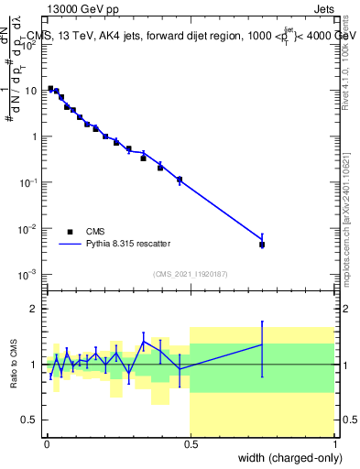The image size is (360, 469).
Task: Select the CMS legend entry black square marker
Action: pyautogui.click(x=70, y=232)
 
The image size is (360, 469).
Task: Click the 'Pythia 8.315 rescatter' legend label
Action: pyautogui.click(x=128, y=244)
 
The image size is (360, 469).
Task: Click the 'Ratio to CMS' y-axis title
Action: pyautogui.click(x=14, y=364)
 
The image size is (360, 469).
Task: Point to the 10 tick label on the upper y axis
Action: pyautogui.click(x=32, y=91)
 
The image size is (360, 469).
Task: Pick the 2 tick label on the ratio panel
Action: pyautogui.click(x=35, y=309)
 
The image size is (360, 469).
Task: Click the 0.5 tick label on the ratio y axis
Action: pyautogui.click(x=31, y=420)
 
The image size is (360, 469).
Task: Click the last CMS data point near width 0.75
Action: pyautogui.click(x=262, y=245)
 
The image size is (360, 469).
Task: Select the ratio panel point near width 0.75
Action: pyautogui.click(x=262, y=345)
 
